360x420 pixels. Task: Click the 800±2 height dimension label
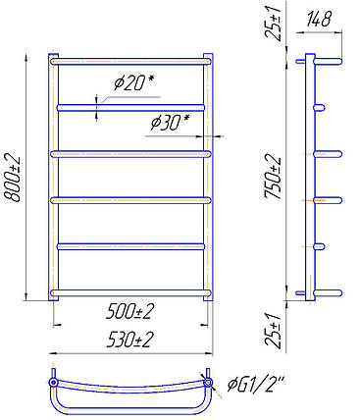[12, 179]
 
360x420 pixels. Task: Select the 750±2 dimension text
[274, 177]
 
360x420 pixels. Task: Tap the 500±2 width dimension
[129, 312]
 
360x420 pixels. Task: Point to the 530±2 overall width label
[129, 340]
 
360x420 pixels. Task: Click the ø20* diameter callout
[133, 82]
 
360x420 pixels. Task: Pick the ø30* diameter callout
[170, 123]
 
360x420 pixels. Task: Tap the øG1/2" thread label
[256, 384]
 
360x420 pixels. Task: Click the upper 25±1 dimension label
[274, 21]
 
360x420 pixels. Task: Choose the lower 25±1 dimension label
[274, 330]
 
